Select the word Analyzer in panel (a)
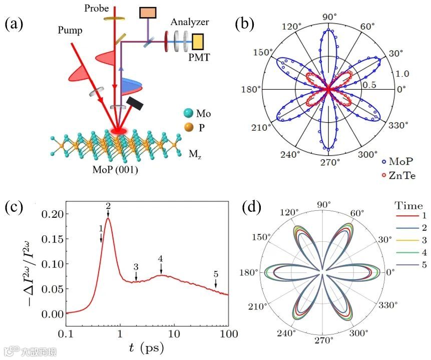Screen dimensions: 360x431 [x=189, y=22]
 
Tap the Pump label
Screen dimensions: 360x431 [x=69, y=31]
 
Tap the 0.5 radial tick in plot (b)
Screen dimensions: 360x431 [x=369, y=85]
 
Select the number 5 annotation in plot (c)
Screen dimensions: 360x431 [x=216, y=274]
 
